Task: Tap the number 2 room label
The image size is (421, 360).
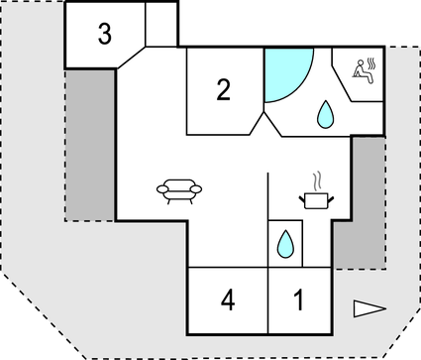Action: point(224,91)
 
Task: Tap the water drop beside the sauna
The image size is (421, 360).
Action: point(325,117)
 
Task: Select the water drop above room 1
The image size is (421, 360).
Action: point(285,243)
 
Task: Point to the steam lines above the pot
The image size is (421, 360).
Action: point(317,181)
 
